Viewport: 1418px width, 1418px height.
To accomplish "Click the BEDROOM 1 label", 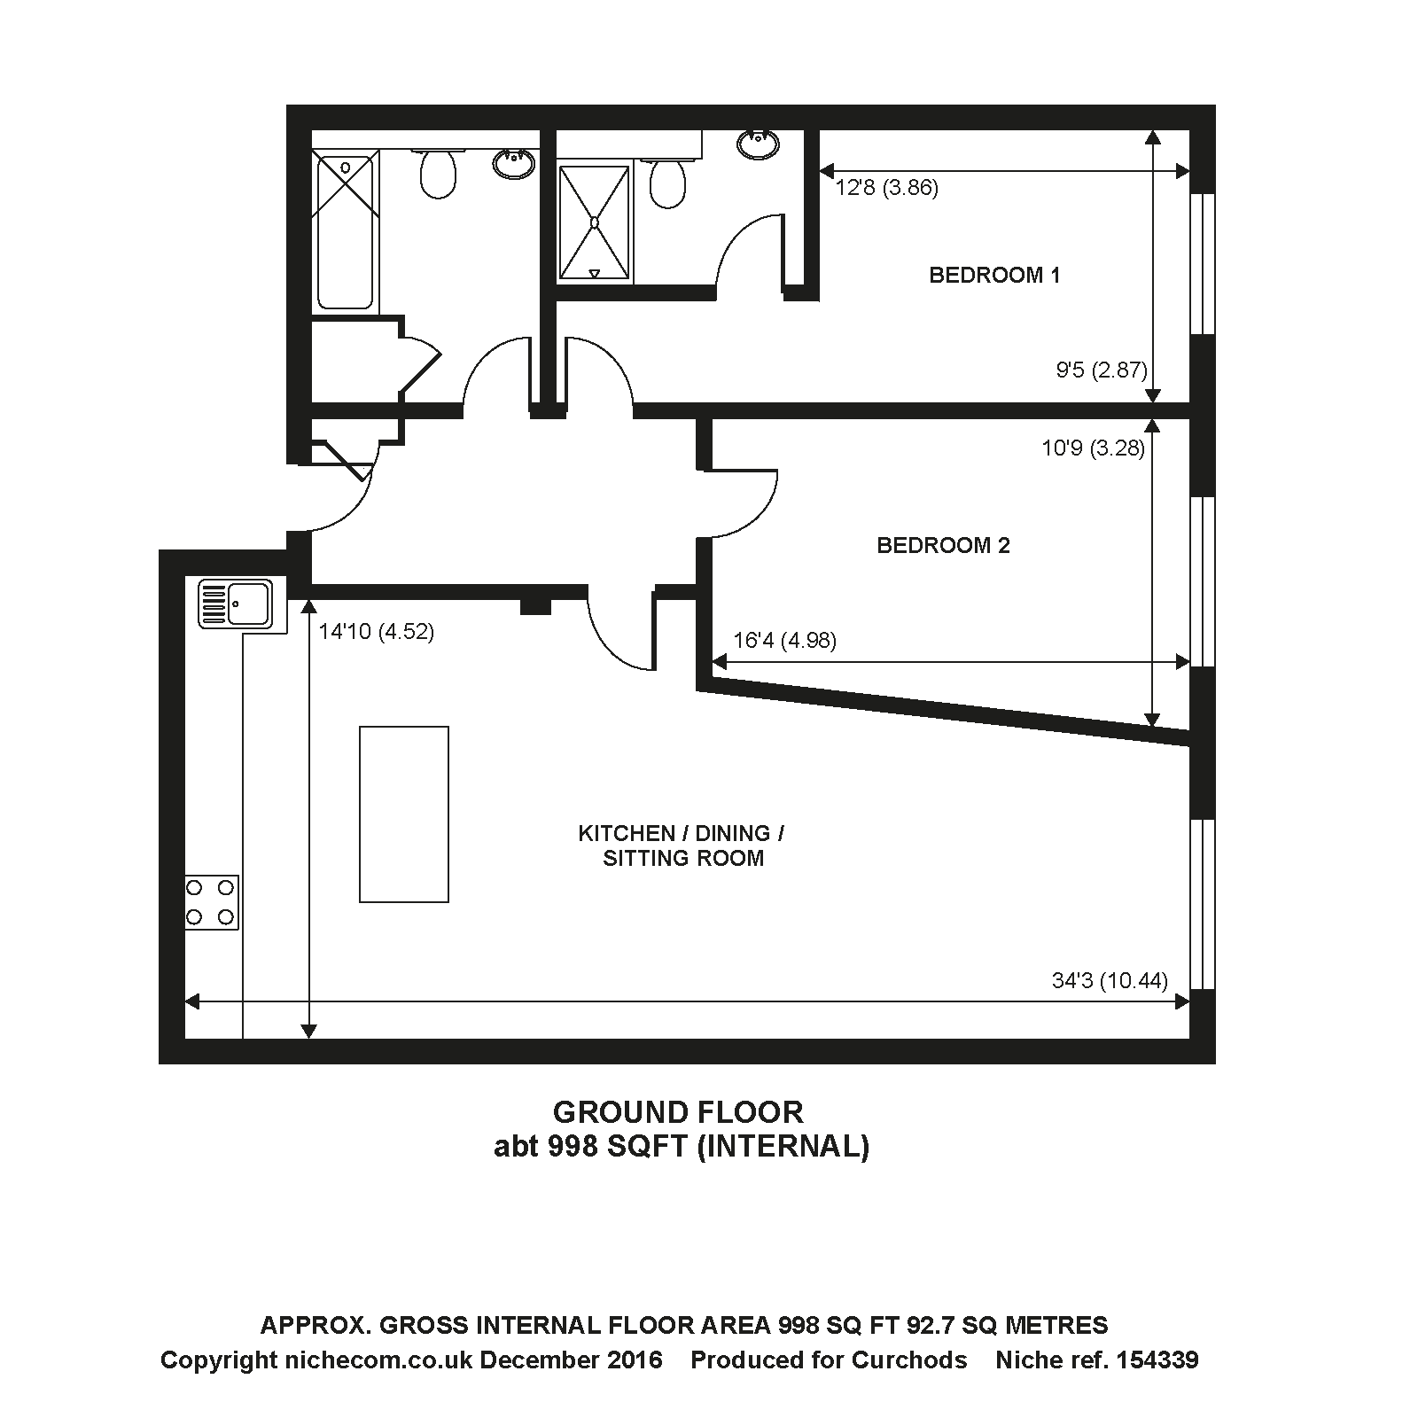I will pyautogui.click(x=994, y=275).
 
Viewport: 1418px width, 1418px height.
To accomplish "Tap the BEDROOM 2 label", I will pyautogui.click(x=943, y=545).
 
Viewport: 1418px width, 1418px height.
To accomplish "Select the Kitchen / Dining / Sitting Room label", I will pyautogui.click(x=682, y=845).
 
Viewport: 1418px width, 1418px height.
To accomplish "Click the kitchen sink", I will pyautogui.click(x=236, y=604).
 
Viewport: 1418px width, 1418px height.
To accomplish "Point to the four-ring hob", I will pyautogui.click(x=212, y=902).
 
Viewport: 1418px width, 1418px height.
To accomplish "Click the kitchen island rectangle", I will pyautogui.click(x=403, y=814).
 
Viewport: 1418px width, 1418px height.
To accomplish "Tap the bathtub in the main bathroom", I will pyautogui.click(x=345, y=230).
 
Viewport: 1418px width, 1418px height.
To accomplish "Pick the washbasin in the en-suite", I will pyautogui.click(x=758, y=144).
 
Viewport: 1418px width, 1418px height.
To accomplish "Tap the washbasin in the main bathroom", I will pyautogui.click(x=513, y=163).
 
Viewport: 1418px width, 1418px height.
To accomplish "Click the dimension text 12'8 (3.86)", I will pyautogui.click(x=886, y=188).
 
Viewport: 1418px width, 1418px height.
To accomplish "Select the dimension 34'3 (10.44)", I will pyautogui.click(x=1109, y=980).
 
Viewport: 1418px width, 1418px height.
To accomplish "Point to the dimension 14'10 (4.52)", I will pyautogui.click(x=377, y=632).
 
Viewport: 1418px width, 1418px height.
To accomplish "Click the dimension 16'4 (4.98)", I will pyautogui.click(x=785, y=640).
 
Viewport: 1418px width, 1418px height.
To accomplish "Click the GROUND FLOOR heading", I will pyautogui.click(x=678, y=1111).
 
